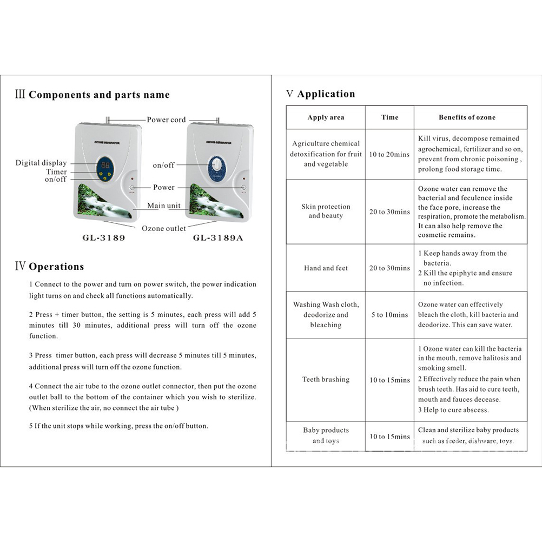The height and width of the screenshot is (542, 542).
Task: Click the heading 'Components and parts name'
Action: pyautogui.click(x=99, y=95)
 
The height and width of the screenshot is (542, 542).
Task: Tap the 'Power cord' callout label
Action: pyautogui.click(x=166, y=120)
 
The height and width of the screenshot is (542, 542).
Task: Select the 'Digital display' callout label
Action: pyautogui.click(x=41, y=163)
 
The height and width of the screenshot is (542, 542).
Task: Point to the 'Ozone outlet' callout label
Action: pyautogui.click(x=164, y=228)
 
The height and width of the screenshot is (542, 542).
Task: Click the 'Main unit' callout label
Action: pyautogui.click(x=164, y=206)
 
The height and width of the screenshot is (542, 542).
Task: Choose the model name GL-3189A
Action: pyautogui.click(x=217, y=237)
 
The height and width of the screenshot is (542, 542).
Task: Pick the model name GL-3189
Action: pyautogui.click(x=104, y=237)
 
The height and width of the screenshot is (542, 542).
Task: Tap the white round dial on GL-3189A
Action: pyautogui.click(x=217, y=164)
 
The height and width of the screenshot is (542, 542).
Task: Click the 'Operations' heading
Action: pyautogui.click(x=56, y=267)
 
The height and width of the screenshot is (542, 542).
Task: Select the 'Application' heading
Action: pyautogui.click(x=326, y=94)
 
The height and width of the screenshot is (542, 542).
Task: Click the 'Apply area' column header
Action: pyautogui.click(x=326, y=117)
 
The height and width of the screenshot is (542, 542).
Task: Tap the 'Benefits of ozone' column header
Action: pyautogui.click(x=467, y=117)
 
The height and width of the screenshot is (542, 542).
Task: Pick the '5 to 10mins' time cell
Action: pyautogui.click(x=389, y=315)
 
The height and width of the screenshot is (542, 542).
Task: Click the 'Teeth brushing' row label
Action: pyautogui.click(x=326, y=380)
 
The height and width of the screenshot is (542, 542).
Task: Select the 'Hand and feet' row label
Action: pyautogui.click(x=326, y=268)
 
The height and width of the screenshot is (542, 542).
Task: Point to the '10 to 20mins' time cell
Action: pyautogui.click(x=389, y=154)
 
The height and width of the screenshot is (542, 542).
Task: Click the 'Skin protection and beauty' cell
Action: pyautogui.click(x=326, y=211)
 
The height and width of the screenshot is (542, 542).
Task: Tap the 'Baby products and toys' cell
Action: pyautogui.click(x=326, y=435)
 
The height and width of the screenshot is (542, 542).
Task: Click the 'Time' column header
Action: pyautogui.click(x=389, y=117)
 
